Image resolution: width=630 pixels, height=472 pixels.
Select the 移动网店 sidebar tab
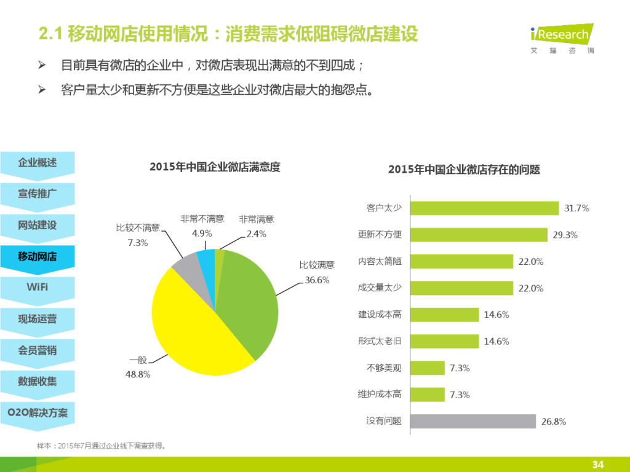click(x=38, y=256)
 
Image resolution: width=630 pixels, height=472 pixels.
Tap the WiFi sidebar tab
click(x=38, y=287)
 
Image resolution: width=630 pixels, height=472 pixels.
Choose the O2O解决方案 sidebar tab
click(x=38, y=412)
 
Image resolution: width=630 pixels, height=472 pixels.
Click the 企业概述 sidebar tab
click(x=38, y=163)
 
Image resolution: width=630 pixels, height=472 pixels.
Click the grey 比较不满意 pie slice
click(x=184, y=265)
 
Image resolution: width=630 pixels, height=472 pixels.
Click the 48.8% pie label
click(x=138, y=374)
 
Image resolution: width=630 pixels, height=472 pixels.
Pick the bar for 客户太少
click(x=484, y=208)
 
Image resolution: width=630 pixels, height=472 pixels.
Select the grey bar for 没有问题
click(x=472, y=421)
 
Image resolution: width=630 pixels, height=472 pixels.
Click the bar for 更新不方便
click(x=478, y=235)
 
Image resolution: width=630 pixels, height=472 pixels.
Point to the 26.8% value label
click(x=554, y=422)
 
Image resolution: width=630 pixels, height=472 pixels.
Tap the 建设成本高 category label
click(x=380, y=315)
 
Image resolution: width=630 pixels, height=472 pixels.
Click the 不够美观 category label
click(x=384, y=368)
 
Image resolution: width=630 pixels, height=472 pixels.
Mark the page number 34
click(x=597, y=463)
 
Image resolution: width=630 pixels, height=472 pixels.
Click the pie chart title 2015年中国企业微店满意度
click(x=215, y=167)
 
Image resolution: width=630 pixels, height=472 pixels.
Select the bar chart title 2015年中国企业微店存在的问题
click(x=464, y=170)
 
